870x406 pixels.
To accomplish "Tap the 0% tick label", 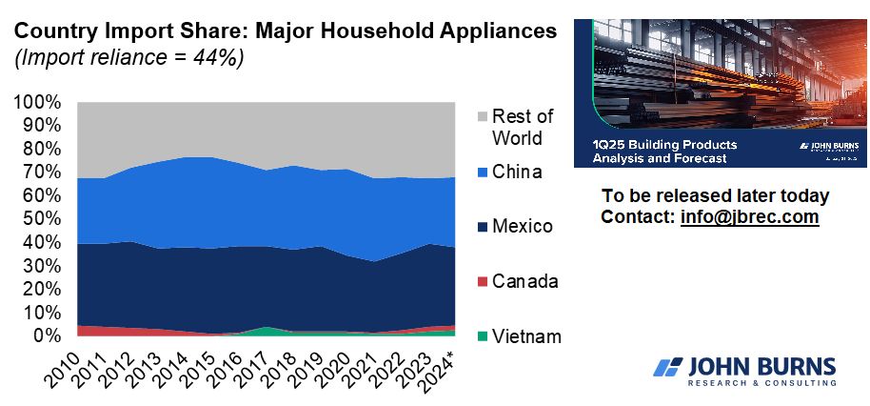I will (49, 335).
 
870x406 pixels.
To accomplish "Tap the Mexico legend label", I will (523, 227).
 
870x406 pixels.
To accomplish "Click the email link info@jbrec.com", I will (750, 216).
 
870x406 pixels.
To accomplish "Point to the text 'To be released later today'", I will (716, 196).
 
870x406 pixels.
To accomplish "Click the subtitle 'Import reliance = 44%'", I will (129, 57).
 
